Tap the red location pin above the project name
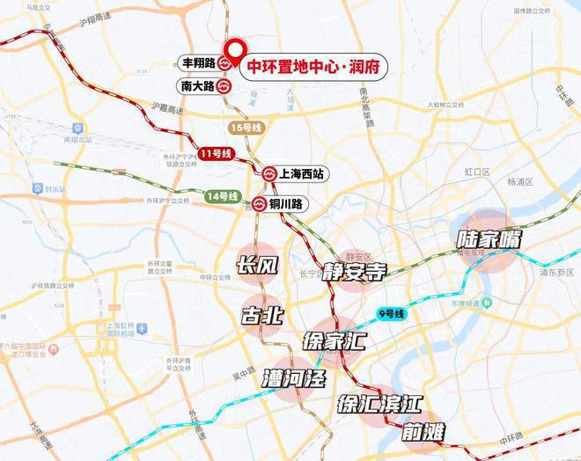pos(234,51)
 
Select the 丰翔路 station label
pos(197,64)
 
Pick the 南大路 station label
pos(197,87)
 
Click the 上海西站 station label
pos(301,174)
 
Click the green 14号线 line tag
pos(222,196)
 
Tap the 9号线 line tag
pos(391,313)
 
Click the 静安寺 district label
pos(354,272)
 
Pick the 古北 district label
pos(262,314)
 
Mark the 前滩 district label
pos(424,433)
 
